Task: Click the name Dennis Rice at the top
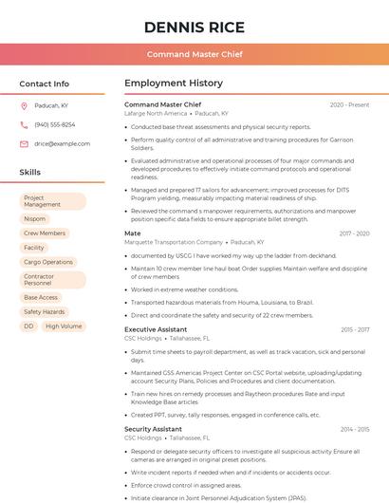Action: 194,27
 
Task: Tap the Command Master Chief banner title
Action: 194,54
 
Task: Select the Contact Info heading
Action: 45,84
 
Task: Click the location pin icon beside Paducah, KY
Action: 24,105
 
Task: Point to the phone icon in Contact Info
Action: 24,124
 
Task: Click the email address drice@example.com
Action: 62,143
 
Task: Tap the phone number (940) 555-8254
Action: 55,124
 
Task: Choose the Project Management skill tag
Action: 52,201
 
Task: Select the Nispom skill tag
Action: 35,218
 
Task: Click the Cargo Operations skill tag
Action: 48,261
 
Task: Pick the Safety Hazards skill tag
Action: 45,311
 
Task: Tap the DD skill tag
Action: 28,326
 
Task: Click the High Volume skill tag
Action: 64,326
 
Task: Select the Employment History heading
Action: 174,84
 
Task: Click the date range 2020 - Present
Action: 350,104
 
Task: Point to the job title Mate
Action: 133,233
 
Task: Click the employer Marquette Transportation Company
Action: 175,242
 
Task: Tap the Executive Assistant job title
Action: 156,329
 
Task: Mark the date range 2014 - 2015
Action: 355,429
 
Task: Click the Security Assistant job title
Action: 153,429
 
